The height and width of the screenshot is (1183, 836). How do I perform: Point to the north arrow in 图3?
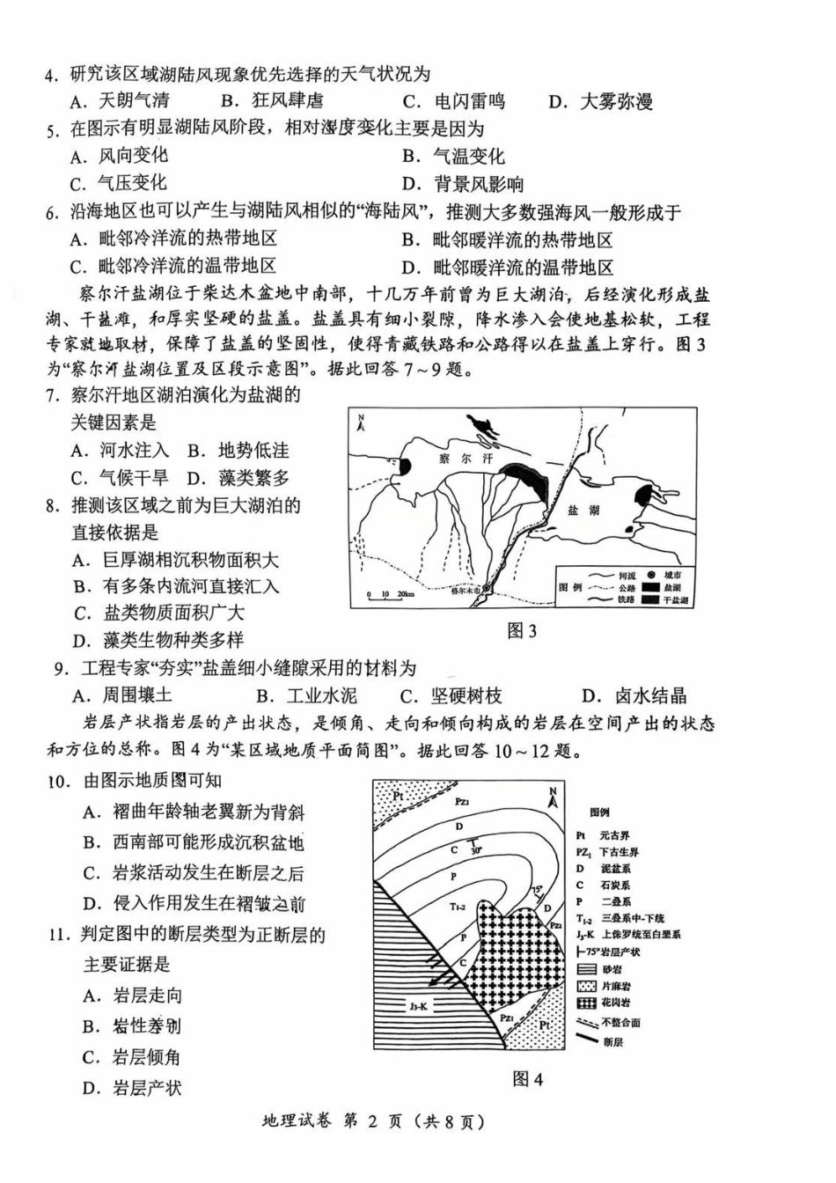(361, 424)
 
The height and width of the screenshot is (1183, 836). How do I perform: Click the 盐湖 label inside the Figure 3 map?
(583, 511)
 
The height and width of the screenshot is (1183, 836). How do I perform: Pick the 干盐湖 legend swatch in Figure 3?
(650, 600)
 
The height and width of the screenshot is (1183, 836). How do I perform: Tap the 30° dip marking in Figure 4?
(476, 850)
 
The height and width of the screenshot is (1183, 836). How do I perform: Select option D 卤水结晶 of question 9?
(635, 696)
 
